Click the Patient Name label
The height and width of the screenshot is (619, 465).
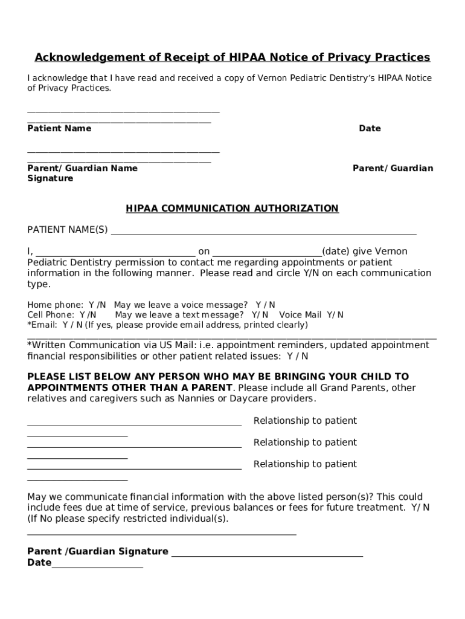59,128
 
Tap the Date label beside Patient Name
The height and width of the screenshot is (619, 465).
370,128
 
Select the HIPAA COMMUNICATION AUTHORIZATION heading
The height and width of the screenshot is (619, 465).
232,209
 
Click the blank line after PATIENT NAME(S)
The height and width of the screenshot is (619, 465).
263,230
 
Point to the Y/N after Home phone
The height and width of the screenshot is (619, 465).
97,305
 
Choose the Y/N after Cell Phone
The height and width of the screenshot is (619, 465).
88,315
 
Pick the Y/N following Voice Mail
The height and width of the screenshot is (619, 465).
335,315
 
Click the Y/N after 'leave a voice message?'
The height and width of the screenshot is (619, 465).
265,305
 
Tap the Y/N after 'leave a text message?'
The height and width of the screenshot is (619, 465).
260,315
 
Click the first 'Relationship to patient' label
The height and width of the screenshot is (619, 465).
305,421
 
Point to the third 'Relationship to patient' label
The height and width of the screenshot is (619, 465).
305,464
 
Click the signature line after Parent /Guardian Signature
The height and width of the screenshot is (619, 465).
267,552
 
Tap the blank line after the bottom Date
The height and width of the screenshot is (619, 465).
97,563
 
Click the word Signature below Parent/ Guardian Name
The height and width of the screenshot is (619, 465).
50,178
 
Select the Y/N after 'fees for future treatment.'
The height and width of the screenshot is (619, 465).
421,508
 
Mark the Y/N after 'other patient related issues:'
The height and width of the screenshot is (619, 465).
293,356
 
